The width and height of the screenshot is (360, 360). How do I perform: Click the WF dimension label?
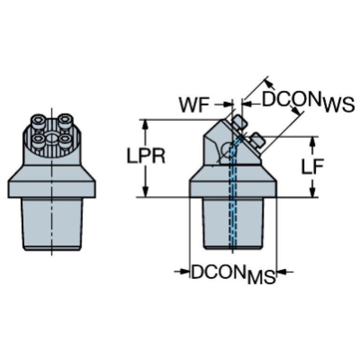[x=193, y=106]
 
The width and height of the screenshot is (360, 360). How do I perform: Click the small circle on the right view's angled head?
[x=230, y=150]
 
